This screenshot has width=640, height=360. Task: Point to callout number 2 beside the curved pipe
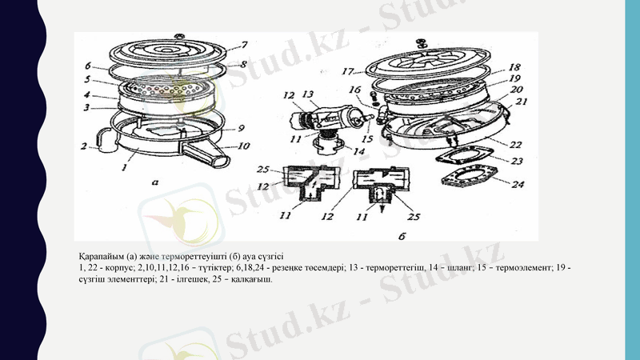click(83, 146)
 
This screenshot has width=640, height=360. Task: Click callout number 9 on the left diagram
click(241, 127)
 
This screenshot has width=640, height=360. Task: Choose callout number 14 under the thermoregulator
click(358, 151)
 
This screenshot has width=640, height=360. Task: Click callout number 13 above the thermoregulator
click(308, 94)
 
